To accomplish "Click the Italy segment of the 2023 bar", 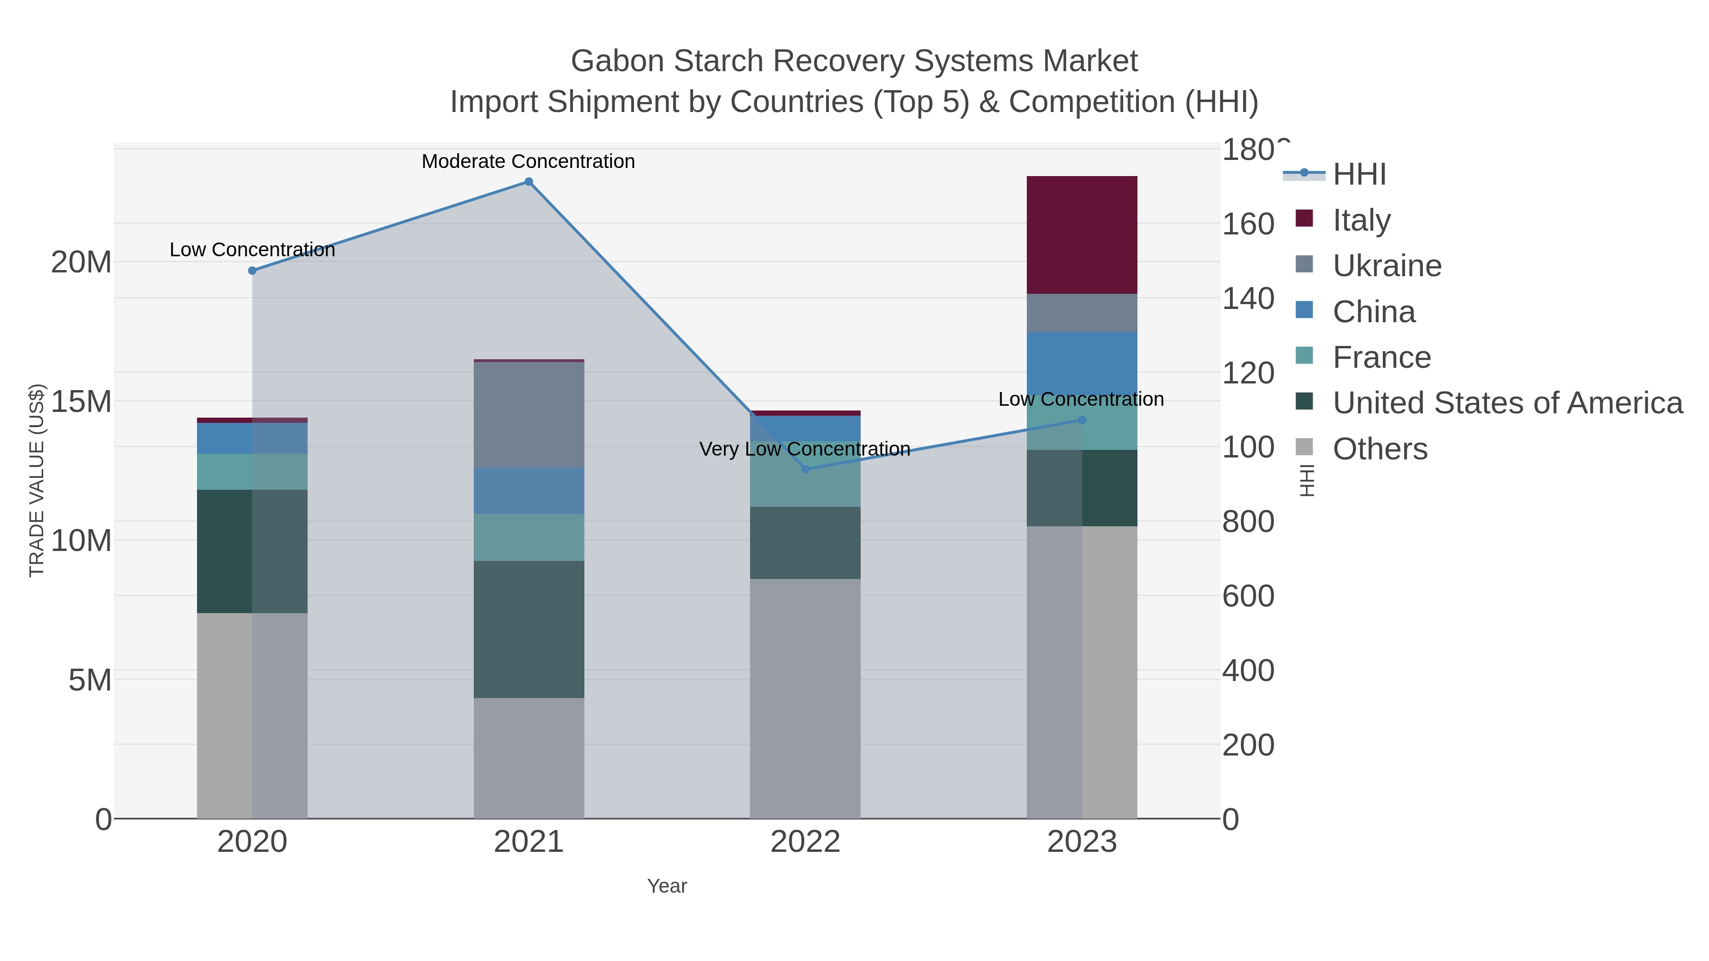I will point(1081,235).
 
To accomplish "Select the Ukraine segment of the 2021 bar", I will point(529,414).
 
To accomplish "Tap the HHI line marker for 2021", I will point(529,182).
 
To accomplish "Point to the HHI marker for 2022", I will point(806,469).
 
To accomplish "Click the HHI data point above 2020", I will point(252,271).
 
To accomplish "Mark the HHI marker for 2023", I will point(1082,420).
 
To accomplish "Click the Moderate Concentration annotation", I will point(528,161).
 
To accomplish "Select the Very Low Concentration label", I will point(804,449).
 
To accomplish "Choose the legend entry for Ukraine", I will point(1387,266).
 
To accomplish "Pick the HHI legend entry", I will point(1359,175).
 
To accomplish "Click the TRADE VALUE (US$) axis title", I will point(37,480).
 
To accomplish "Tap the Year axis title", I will point(667,886).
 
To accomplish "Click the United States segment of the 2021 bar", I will point(529,629).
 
